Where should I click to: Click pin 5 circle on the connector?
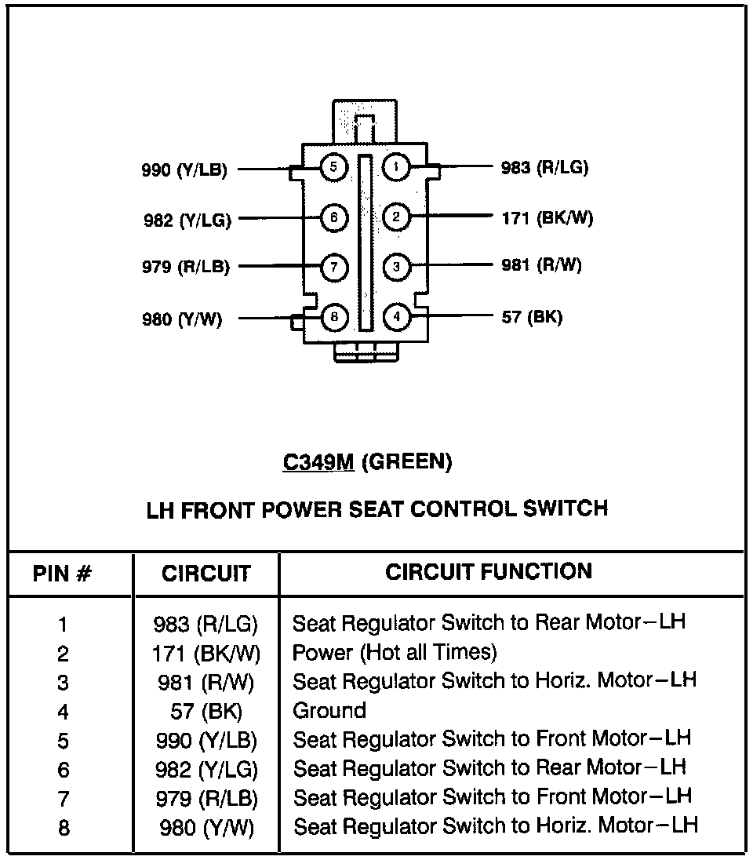[333, 167]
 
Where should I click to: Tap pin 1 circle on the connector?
[397, 167]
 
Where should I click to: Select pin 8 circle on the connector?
[333, 317]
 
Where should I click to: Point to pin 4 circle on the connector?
[397, 317]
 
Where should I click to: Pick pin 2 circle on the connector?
[397, 217]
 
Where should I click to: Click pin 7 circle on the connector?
[333, 267]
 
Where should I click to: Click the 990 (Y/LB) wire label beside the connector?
[184, 169]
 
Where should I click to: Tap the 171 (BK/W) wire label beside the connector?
[547, 217]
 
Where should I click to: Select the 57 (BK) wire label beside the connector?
[532, 318]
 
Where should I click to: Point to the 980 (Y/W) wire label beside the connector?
[182, 319]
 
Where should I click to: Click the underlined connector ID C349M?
[318, 462]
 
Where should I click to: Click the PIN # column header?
[63, 574]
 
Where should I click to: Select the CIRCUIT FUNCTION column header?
[488, 571]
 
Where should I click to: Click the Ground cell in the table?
[329, 711]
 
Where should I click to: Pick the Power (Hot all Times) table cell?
[395, 652]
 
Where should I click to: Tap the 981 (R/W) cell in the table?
[206, 682]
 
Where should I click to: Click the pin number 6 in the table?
[63, 770]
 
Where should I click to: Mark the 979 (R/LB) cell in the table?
[206, 799]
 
